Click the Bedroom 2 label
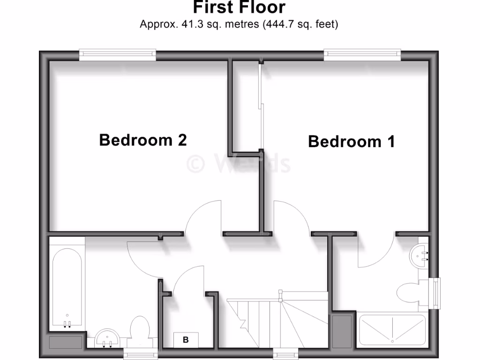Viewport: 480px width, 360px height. click(143, 140)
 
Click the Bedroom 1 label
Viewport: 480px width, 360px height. click(351, 141)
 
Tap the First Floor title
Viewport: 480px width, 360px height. click(239, 7)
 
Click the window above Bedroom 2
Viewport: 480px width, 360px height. click(117, 54)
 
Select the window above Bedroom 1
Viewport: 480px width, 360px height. click(362, 54)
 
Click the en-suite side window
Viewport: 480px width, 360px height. click(437, 293)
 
